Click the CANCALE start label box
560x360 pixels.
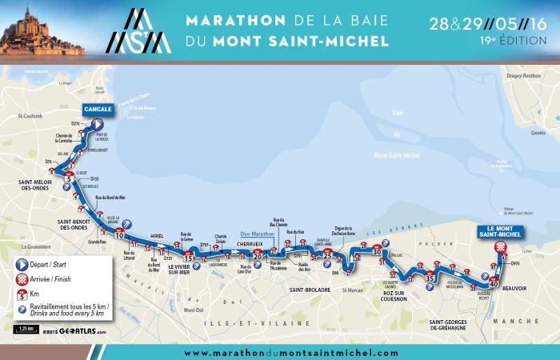(x=97, y=111)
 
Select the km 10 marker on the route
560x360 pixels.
(x=120, y=236)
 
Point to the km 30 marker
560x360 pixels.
(x=378, y=252)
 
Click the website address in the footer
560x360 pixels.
(x=290, y=353)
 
